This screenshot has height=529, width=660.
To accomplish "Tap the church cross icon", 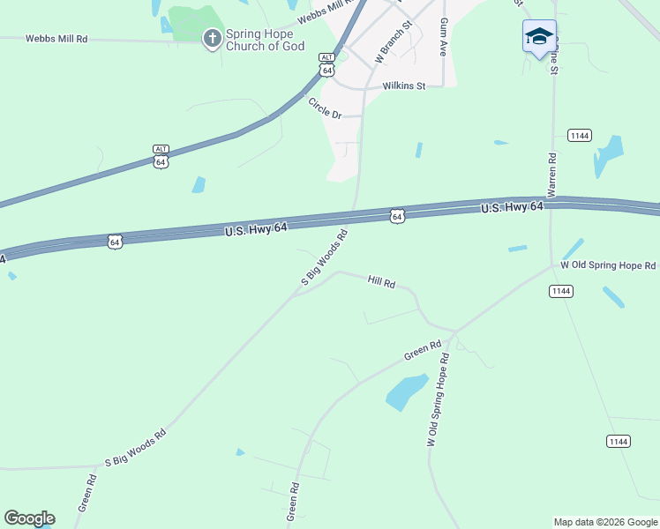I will tap(212, 39).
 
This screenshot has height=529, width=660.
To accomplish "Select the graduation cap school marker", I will tap(539, 37).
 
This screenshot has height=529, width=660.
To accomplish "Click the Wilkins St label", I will tap(404, 86).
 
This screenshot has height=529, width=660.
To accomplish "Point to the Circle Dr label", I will tap(325, 108).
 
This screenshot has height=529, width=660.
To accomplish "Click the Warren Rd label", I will tap(552, 175).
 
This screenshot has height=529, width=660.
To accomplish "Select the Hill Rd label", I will tap(381, 280).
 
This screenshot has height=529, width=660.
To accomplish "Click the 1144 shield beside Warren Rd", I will tap(580, 135).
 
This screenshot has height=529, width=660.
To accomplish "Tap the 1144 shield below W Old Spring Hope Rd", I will tap(559, 291).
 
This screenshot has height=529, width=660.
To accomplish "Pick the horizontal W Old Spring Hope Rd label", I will tap(609, 265).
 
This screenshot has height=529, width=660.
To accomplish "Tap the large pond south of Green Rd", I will tap(407, 391).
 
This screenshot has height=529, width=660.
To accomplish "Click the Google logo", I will tap(29, 518).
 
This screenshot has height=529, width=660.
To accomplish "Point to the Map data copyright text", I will tap(604, 522).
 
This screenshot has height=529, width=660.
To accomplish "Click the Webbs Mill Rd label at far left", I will tap(56, 39).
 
